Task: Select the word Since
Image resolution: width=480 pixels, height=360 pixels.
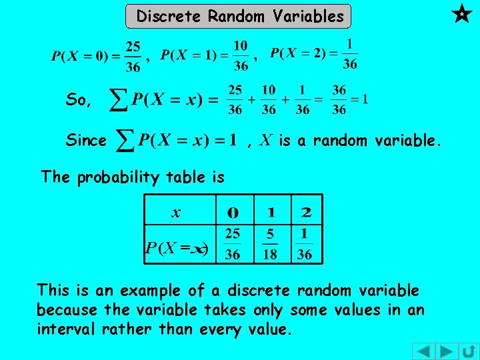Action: (x=86, y=140)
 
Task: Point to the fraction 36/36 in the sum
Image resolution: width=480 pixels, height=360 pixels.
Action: (x=339, y=100)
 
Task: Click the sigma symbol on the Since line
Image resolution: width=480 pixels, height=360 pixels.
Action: (x=125, y=140)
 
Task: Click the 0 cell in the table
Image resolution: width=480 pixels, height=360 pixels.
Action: (x=233, y=213)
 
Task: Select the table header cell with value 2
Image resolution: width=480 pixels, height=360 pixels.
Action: (x=305, y=213)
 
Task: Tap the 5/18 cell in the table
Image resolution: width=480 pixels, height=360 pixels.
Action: (x=271, y=245)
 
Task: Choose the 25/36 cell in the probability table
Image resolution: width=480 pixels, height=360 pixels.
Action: (x=233, y=245)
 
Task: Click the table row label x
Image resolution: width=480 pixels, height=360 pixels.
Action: (x=176, y=213)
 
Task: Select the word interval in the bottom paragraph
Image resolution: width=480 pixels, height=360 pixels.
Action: (x=65, y=329)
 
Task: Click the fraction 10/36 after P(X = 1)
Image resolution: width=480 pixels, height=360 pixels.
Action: (x=241, y=56)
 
